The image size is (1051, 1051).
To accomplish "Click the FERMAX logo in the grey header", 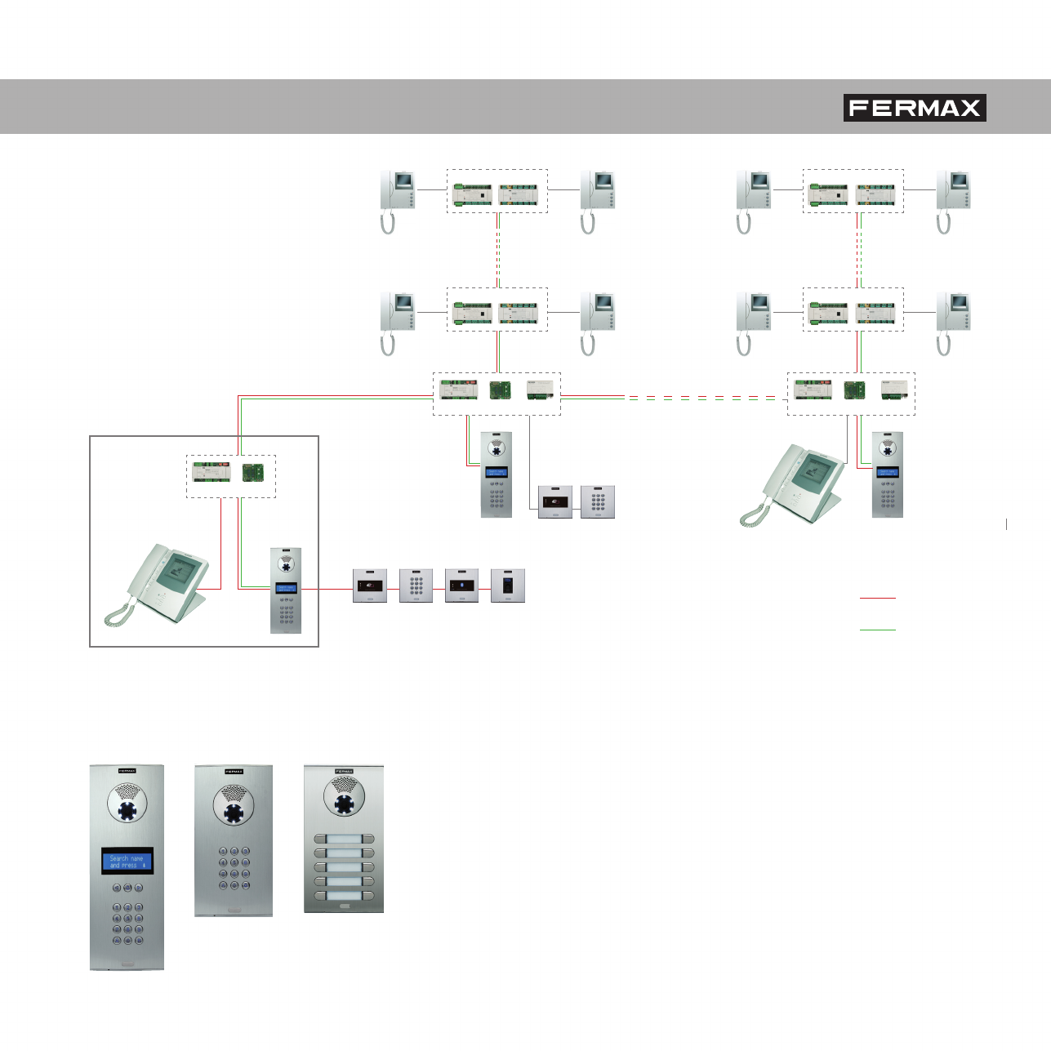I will coord(915,108).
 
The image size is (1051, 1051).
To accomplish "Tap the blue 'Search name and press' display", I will coord(127,862).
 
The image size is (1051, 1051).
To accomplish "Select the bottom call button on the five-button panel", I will coord(344,896).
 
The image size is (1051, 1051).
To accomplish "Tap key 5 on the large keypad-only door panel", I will coord(234,862).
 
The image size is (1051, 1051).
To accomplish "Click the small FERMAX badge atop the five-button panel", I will coord(344,771).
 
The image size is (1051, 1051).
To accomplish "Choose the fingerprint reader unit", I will coord(507,586).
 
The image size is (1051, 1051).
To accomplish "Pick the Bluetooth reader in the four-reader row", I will coord(461,586).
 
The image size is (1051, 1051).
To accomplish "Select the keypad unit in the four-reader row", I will coord(416,586).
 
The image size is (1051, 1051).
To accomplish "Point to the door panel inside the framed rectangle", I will coord(286,590).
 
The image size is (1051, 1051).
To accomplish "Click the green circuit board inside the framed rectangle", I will coord(252,473).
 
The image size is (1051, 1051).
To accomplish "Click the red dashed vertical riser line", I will coord(497,250).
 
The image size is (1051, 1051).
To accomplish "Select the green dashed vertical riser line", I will coord(859,250).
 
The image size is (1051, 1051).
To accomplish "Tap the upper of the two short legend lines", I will coord(878,598).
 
